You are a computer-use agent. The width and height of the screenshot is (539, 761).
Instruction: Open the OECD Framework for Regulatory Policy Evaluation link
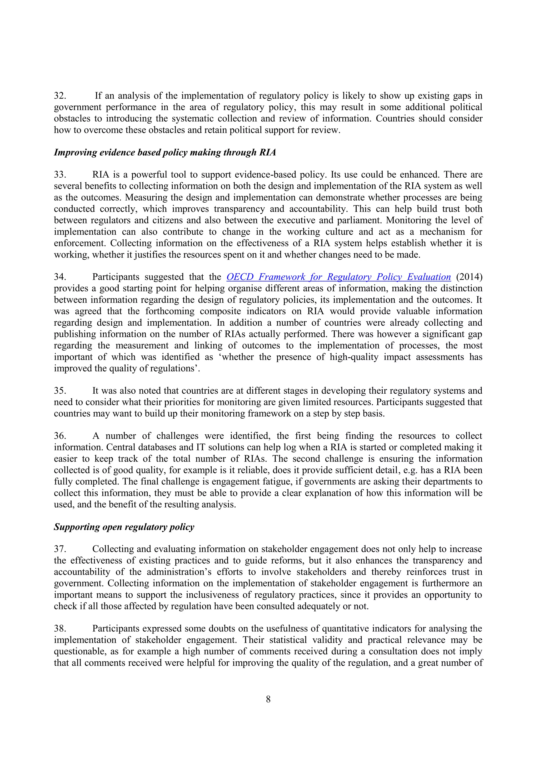[x=338, y=277]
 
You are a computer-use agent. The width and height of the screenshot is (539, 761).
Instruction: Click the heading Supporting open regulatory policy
[x=124, y=527]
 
